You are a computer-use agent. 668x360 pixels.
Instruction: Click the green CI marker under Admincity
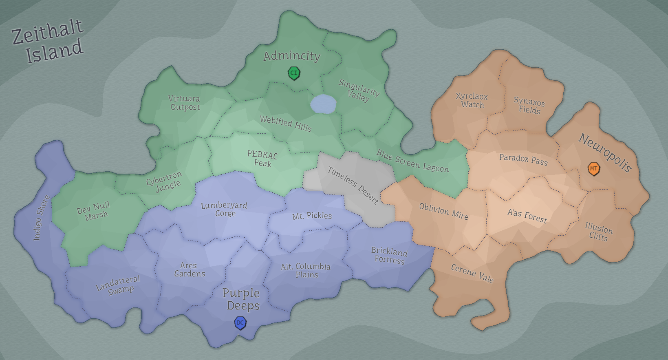point(294,73)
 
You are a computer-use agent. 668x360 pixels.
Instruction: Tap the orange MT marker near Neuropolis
point(594,168)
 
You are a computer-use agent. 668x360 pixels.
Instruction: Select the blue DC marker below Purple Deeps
point(240,323)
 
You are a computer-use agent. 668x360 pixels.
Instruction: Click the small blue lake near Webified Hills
point(323,104)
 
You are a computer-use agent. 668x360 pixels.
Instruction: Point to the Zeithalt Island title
point(48,42)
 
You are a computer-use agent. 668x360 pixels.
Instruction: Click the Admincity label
point(292,56)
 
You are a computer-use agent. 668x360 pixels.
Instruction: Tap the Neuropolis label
point(605,153)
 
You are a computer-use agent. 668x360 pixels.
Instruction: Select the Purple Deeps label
point(242,299)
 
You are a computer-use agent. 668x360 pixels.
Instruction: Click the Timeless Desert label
point(353,185)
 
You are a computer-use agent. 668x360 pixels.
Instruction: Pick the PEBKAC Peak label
point(262,159)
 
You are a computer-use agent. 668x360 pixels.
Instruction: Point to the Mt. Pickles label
point(312,216)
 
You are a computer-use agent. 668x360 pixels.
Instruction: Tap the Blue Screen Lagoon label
point(412,161)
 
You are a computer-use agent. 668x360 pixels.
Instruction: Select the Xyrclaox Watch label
point(472,100)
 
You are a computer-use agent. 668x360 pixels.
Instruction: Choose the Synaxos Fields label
point(529,106)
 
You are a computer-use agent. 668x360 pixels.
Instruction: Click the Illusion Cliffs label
point(598,232)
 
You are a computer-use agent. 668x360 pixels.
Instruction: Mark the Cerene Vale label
point(472,273)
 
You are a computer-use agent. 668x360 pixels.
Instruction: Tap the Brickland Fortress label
point(389,256)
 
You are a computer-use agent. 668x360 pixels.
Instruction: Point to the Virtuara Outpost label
point(185,103)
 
